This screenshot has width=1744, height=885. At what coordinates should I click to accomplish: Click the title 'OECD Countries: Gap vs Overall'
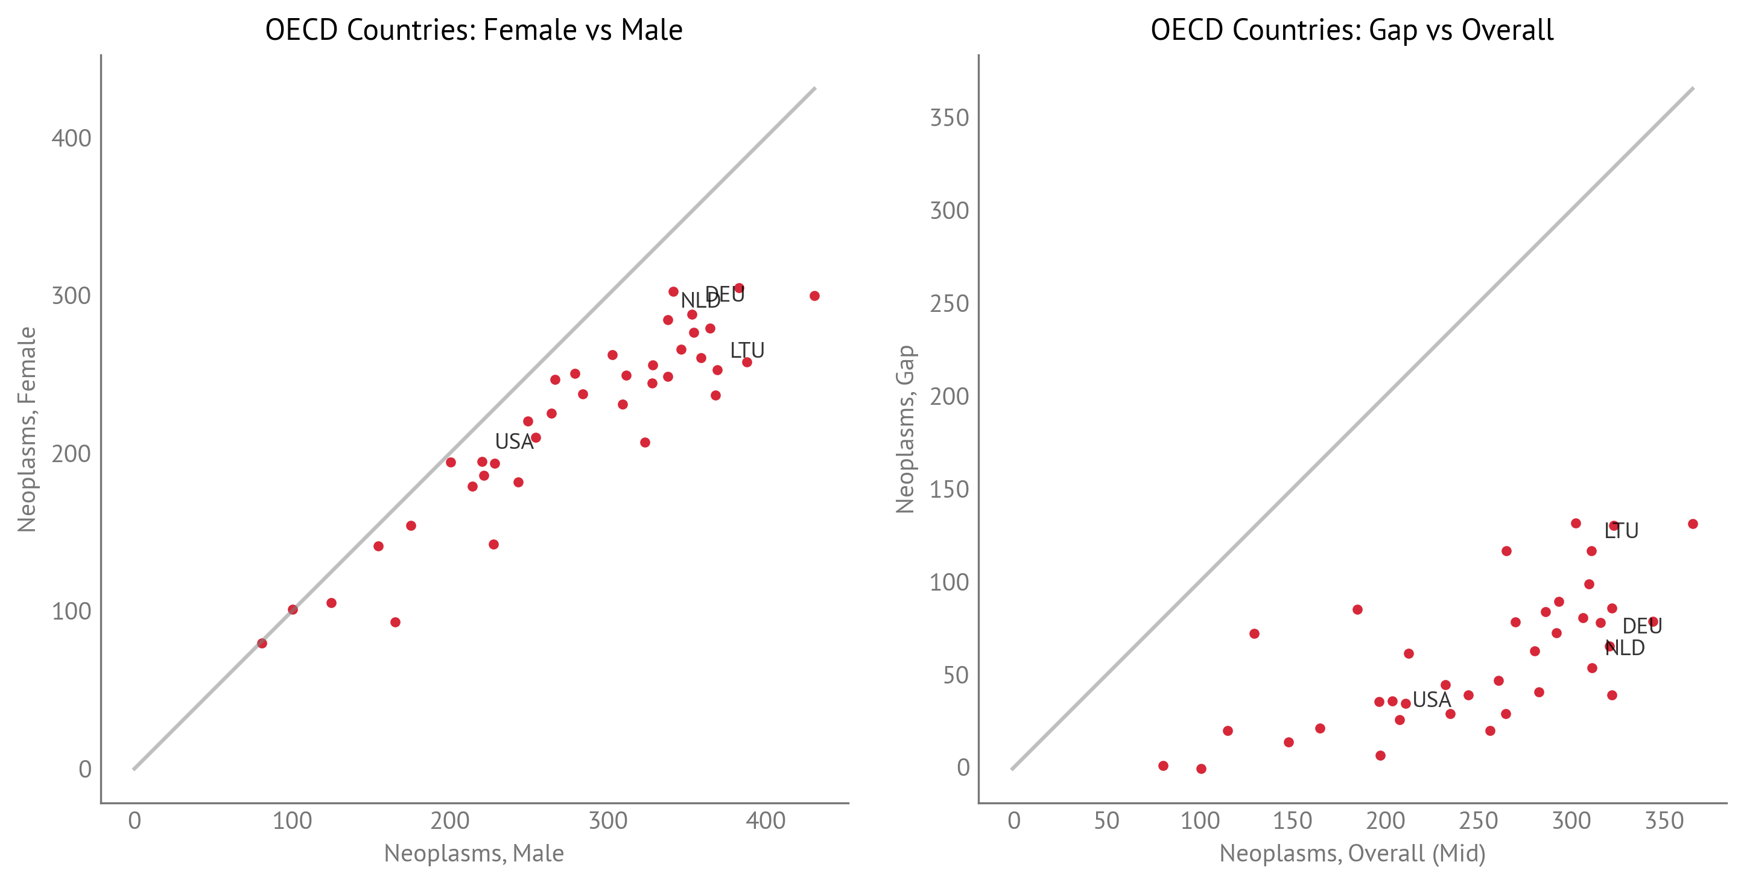[x=1351, y=30]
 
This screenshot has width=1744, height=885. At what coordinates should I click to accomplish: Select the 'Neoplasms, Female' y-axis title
[x=27, y=430]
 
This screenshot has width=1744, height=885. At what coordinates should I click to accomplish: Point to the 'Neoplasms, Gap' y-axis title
[x=904, y=430]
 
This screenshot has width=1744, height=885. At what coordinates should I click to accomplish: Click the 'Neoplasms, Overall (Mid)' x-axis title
[x=1352, y=853]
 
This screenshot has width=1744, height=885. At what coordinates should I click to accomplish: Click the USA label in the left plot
[x=514, y=442]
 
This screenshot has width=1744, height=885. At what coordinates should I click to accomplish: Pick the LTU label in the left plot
[x=747, y=350]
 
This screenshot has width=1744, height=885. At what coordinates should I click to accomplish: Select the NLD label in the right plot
[x=1625, y=648]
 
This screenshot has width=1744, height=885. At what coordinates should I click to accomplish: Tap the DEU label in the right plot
[x=1642, y=626]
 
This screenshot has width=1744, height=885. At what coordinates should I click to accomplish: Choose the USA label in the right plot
[x=1432, y=699]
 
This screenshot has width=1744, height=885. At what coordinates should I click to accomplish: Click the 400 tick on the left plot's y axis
[x=71, y=138]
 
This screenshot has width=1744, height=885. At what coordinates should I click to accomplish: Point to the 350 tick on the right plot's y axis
[x=949, y=118]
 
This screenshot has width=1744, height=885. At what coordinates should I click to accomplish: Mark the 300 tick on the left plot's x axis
[x=607, y=820]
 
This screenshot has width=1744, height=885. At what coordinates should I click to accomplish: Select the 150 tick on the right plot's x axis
[x=1292, y=820]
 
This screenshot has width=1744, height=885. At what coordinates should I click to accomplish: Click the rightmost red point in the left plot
[x=814, y=296]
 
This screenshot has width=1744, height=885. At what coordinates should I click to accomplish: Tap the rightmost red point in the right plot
[x=1693, y=524]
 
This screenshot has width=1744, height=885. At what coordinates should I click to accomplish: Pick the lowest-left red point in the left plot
[x=262, y=643]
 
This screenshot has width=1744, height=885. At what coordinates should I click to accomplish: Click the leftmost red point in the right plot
[x=1163, y=766]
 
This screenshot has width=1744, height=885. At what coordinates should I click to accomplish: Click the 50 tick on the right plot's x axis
[x=1106, y=820]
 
